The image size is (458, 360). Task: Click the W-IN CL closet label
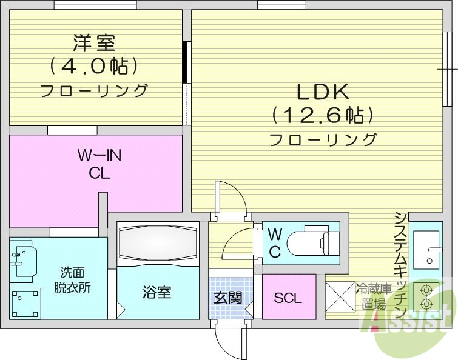point(99,164)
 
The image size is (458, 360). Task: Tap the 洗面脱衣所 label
point(75,280)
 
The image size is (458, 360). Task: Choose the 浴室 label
point(157,293)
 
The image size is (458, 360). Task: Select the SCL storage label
point(288,298)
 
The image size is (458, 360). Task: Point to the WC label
point(274,243)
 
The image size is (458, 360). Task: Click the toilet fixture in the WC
point(309,242)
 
